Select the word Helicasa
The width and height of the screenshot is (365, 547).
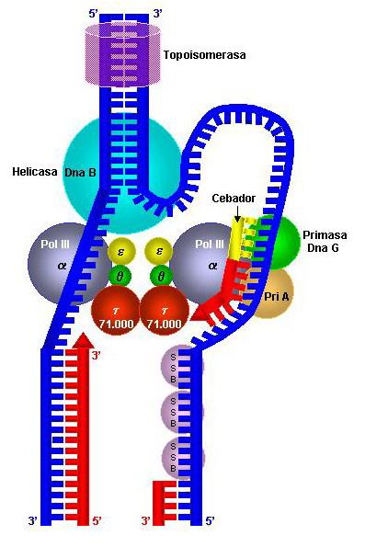point(35,171)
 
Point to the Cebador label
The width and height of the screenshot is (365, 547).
point(233,198)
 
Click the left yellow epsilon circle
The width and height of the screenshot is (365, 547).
point(120,250)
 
